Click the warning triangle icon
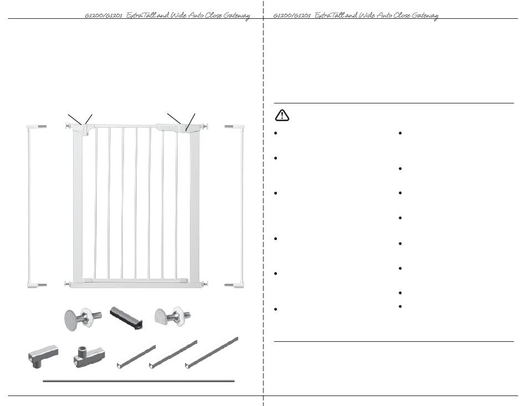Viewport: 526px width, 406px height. click(x=282, y=115)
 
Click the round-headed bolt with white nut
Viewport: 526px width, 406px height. click(x=82, y=318)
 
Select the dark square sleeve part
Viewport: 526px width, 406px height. click(x=126, y=317)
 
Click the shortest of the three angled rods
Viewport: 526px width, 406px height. click(x=136, y=356)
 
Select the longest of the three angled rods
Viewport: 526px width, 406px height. click(x=212, y=352)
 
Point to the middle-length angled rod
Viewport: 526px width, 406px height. click(x=173, y=354)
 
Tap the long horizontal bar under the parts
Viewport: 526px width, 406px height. click(x=138, y=381)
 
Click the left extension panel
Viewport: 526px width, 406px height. click(x=34, y=206)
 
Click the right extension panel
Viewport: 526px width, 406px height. click(x=238, y=206)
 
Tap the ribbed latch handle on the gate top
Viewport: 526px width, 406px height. click(x=168, y=127)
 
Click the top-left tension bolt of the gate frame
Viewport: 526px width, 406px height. click(x=69, y=126)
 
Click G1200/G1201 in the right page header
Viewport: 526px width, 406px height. click(x=292, y=15)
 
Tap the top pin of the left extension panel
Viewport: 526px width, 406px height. click(x=43, y=127)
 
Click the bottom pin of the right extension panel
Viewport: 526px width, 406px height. click(x=229, y=285)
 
